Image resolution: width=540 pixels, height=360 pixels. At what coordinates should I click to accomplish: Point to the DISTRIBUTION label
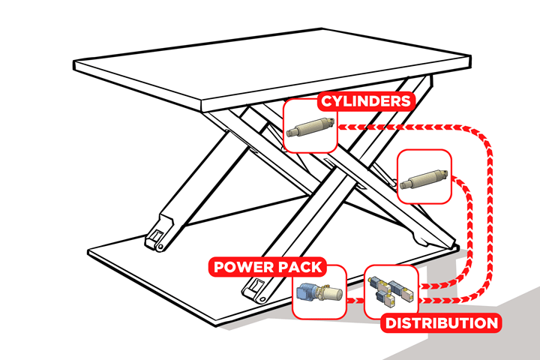pyautogui.click(x=441, y=323)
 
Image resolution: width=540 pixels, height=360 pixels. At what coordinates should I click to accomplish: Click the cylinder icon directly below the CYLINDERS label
pyautogui.click(x=311, y=127)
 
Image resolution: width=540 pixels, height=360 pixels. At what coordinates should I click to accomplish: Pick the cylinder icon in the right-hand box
pyautogui.click(x=424, y=178)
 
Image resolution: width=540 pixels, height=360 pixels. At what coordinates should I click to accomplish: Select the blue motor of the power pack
pyautogui.click(x=307, y=294)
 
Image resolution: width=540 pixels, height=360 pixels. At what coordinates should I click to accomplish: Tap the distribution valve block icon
pyautogui.click(x=391, y=292)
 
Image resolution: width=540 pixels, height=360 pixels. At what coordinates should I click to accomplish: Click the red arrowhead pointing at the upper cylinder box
pyautogui.click(x=342, y=128)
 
